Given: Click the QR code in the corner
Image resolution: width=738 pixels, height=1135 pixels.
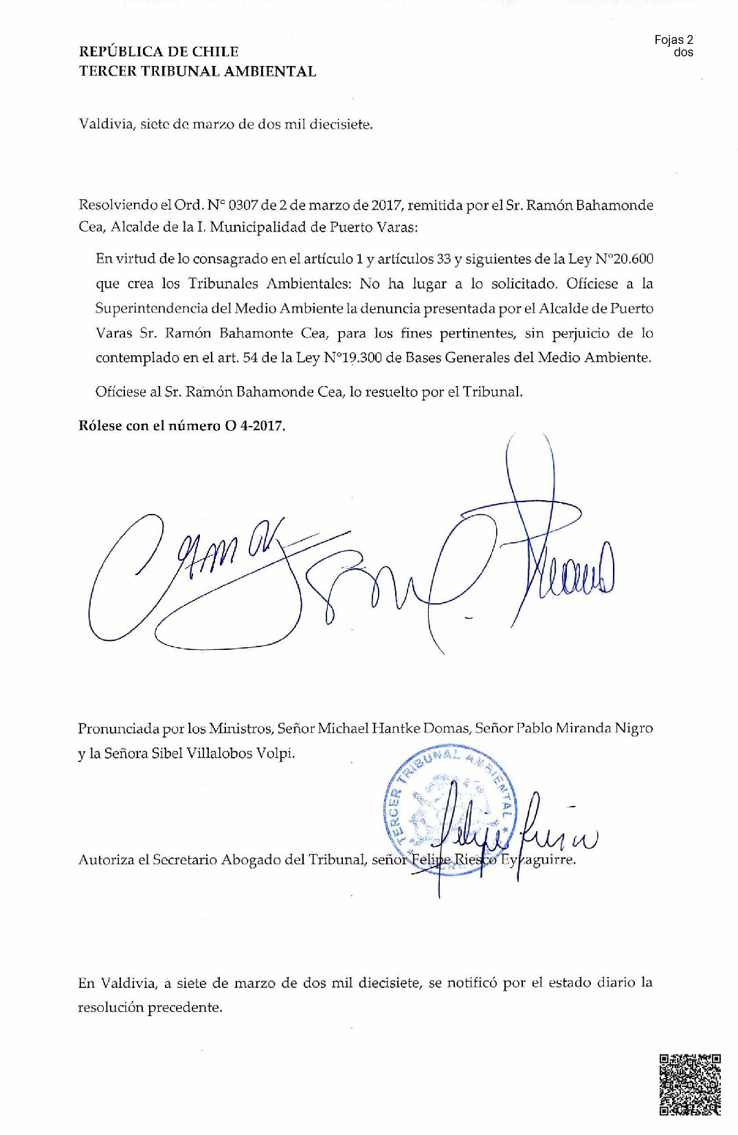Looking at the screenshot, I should [689, 1084].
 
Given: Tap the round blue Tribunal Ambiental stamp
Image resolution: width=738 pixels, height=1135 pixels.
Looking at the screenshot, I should [450, 811].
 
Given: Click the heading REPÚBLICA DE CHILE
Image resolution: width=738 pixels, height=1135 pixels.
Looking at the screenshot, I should [159, 52].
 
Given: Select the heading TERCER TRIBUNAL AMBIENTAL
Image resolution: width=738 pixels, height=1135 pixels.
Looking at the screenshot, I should [197, 71].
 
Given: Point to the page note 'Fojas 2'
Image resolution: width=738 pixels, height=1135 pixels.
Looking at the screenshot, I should [673, 40].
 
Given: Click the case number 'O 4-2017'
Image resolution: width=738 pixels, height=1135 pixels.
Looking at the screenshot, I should [254, 425].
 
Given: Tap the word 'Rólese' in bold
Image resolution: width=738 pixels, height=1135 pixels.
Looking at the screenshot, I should [100, 425].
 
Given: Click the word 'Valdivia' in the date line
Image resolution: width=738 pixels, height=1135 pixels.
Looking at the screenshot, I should [106, 124].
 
